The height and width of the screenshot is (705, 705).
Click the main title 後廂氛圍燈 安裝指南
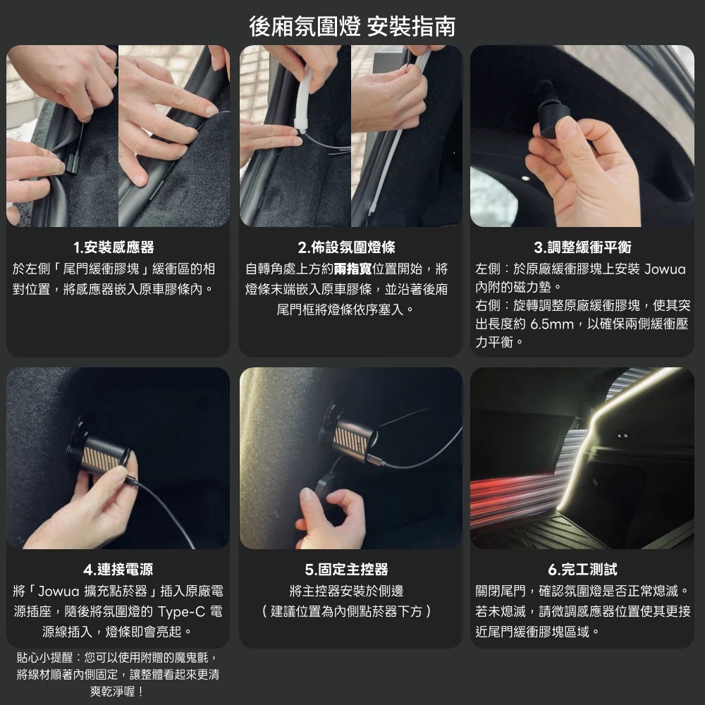coord(352,26)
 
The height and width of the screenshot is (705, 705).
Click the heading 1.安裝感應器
coord(114,247)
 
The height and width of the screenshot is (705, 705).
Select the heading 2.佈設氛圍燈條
coord(347,247)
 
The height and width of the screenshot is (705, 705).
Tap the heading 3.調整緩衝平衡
coord(582,247)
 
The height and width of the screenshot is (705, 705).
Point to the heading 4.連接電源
coord(118,569)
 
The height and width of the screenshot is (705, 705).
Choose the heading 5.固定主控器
coord(347,569)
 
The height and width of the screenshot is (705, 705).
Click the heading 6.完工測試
coord(582,569)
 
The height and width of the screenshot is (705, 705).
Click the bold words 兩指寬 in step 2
coord(353,269)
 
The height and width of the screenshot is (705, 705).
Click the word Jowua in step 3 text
coord(665,269)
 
